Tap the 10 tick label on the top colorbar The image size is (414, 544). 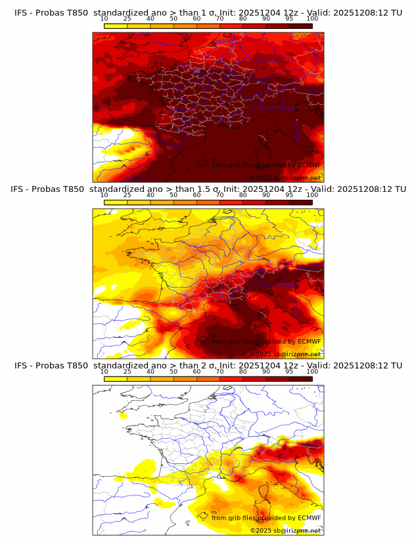[x=104, y=18]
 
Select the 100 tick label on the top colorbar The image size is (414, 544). [x=312, y=18]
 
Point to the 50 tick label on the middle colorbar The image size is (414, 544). [x=173, y=195]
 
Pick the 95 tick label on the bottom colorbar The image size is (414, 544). [x=289, y=372]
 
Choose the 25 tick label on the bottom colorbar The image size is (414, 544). [x=127, y=372]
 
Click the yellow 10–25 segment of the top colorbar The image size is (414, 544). [x=116, y=26]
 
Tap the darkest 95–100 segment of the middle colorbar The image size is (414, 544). [x=300, y=202]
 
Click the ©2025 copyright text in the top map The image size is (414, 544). [x=262, y=177]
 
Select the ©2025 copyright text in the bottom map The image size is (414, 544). [x=262, y=530]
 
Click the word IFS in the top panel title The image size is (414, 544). [x=21, y=12]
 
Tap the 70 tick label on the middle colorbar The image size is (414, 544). [x=219, y=195]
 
